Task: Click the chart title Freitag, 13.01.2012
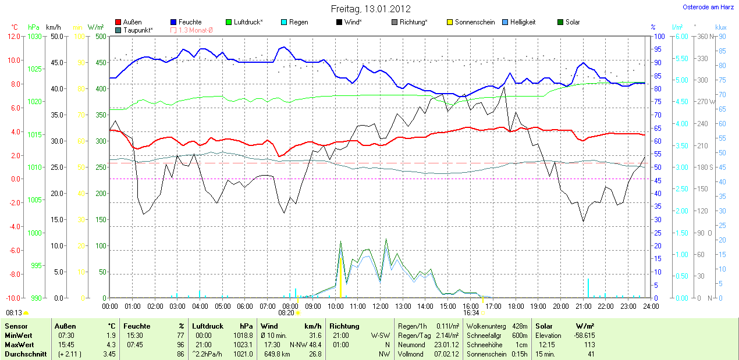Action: tap(371, 9)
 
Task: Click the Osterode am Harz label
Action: tap(708, 7)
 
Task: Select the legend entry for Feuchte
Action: tap(190, 22)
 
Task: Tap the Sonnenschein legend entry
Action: tap(474, 22)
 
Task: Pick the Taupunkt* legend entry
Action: tap(138, 30)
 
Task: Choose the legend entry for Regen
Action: tap(299, 22)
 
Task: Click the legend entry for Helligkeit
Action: tap(523, 22)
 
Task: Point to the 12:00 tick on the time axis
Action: tap(380, 306)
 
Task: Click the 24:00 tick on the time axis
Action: tap(651, 306)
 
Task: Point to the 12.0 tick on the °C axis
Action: tap(13, 36)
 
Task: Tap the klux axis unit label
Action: tap(721, 27)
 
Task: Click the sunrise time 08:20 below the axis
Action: tap(286, 313)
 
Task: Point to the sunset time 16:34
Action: tap(471, 313)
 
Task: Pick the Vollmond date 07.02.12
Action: tap(447, 354)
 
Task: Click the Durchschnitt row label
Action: tap(26, 354)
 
